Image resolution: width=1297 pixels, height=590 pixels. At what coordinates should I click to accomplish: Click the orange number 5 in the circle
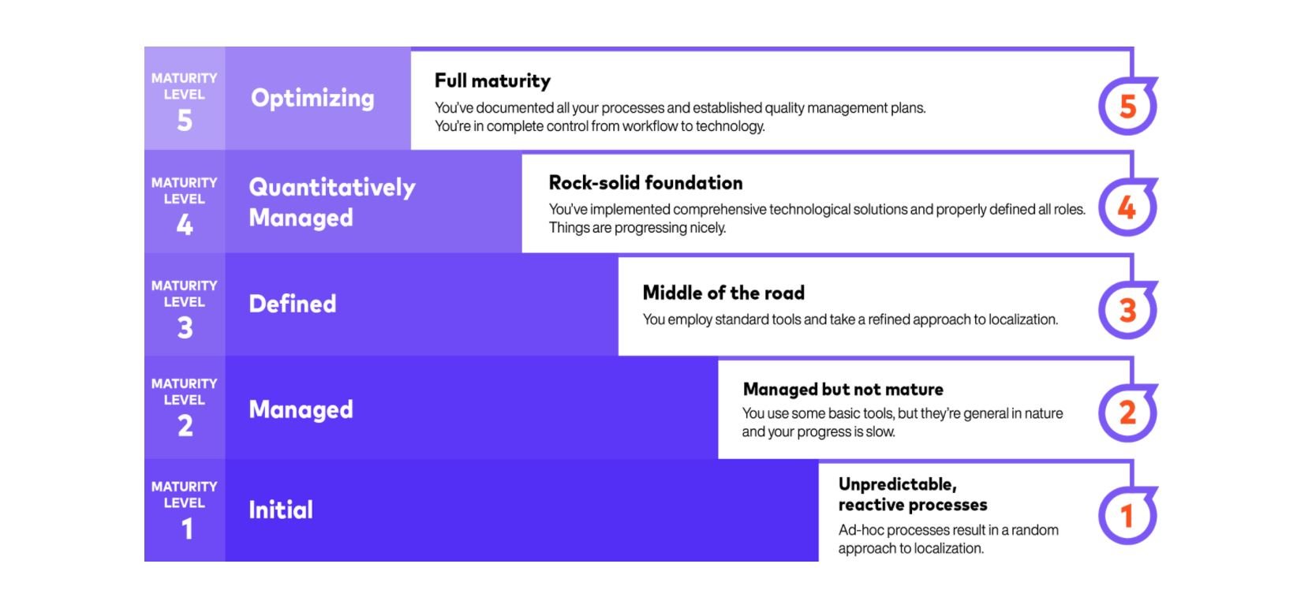1127,106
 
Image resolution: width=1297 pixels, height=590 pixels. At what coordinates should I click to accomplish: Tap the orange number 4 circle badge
1127,207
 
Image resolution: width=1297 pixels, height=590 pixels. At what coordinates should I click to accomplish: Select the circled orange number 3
1127,310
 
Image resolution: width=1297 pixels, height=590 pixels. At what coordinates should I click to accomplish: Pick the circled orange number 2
1127,413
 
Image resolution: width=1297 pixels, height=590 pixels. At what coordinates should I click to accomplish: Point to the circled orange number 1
1127,516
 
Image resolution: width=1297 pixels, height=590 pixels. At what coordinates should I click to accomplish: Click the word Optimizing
312,99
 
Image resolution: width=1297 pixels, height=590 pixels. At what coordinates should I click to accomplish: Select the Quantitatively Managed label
331,202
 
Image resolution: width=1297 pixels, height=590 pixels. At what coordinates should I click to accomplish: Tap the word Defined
293,304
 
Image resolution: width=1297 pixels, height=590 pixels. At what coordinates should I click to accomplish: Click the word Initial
281,510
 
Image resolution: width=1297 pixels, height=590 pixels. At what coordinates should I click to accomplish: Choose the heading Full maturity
492,80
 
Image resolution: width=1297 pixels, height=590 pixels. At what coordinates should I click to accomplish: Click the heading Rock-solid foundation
645,183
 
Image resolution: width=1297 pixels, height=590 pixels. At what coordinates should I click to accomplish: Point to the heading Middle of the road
723,293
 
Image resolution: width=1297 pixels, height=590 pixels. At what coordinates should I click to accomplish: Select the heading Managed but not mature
843,389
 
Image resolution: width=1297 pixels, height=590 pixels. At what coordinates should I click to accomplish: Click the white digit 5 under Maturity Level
185,121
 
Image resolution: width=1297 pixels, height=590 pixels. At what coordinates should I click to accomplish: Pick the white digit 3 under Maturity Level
185,327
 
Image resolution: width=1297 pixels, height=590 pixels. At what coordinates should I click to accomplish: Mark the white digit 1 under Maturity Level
187,528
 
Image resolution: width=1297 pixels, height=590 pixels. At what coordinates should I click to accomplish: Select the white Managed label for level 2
301,409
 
